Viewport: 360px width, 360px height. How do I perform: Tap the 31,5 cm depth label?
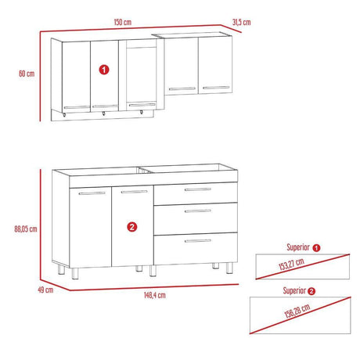(241, 23)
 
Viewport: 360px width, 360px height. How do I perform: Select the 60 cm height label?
(25, 74)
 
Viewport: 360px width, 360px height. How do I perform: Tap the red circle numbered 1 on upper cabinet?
(105, 70)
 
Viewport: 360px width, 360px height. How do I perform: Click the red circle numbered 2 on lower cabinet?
(132, 227)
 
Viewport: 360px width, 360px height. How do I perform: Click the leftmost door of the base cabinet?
(91, 227)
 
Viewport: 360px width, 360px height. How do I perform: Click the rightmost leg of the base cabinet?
(229, 268)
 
